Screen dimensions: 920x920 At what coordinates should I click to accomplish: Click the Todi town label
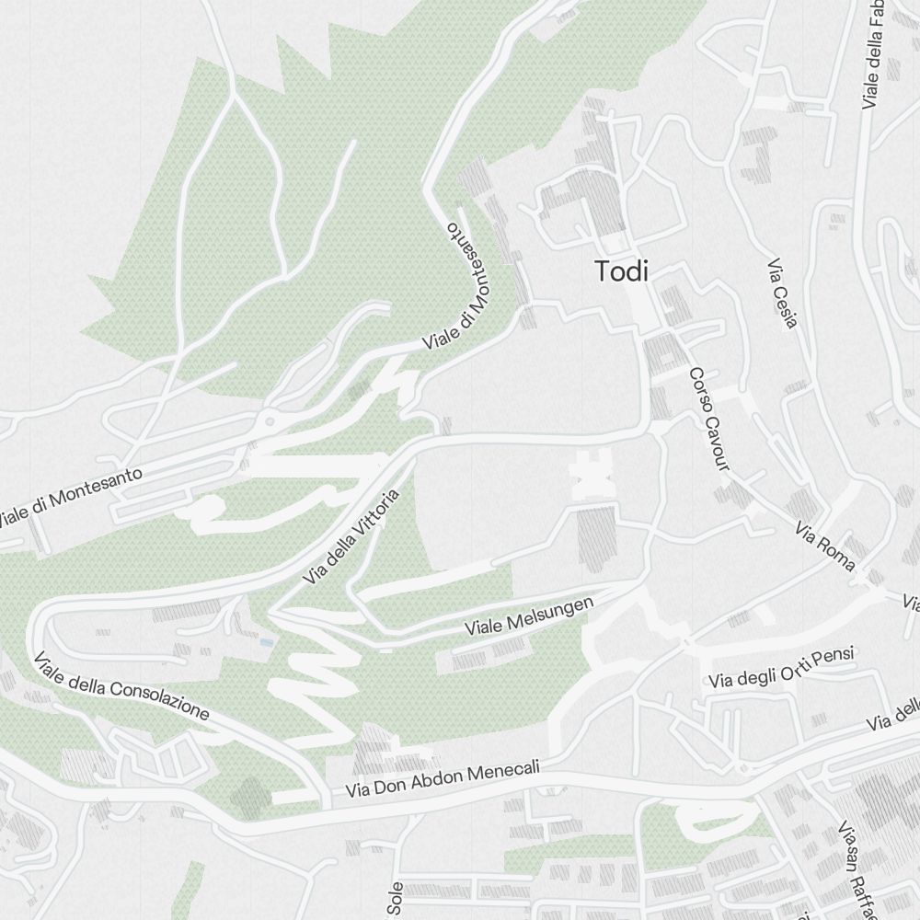622,271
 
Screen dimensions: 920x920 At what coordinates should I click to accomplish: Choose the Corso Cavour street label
709,420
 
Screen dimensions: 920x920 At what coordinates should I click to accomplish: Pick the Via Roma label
826,546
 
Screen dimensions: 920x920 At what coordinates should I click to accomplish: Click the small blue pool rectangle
266,640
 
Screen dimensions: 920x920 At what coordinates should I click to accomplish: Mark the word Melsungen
550,612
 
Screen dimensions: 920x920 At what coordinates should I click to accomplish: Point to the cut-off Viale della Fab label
873,55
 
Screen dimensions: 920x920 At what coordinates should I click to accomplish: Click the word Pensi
833,657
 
